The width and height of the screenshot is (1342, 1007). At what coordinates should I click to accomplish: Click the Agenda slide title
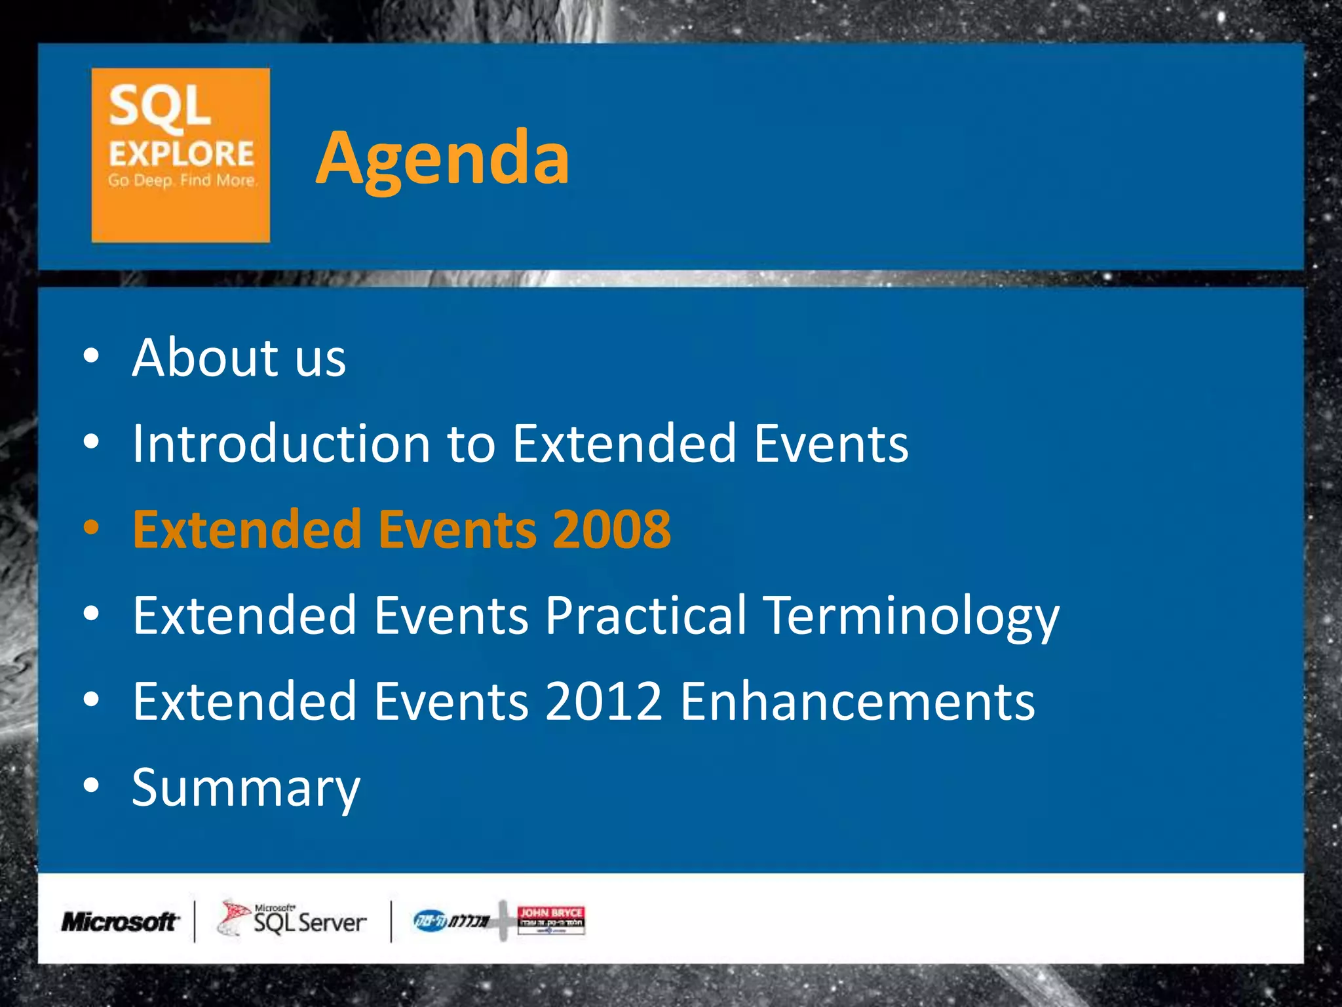pos(442,159)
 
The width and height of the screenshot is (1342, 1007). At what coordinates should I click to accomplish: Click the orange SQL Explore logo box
pos(180,155)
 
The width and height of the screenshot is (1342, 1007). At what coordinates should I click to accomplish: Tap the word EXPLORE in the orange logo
pos(181,154)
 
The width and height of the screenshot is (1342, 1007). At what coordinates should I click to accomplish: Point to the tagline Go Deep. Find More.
pos(182,180)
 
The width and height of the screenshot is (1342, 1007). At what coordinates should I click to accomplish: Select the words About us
pos(239,358)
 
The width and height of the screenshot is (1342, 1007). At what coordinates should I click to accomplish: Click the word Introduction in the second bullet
pos(280,444)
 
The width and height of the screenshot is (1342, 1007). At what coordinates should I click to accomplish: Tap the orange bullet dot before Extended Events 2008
pos(92,528)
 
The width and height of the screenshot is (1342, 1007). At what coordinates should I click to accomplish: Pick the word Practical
pos(645,616)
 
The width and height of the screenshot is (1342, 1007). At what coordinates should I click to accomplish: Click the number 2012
pos(603,701)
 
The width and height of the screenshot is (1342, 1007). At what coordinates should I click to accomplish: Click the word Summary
pos(246,788)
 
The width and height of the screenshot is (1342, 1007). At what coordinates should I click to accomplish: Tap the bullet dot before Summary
pos(92,785)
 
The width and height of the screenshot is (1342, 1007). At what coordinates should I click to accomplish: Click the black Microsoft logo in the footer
pos(119,922)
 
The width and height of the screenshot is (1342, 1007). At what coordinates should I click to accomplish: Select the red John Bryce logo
pos(550,920)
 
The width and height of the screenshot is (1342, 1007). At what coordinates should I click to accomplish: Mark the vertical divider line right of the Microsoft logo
pos(195,921)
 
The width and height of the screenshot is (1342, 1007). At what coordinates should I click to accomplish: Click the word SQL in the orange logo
pos(160,107)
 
